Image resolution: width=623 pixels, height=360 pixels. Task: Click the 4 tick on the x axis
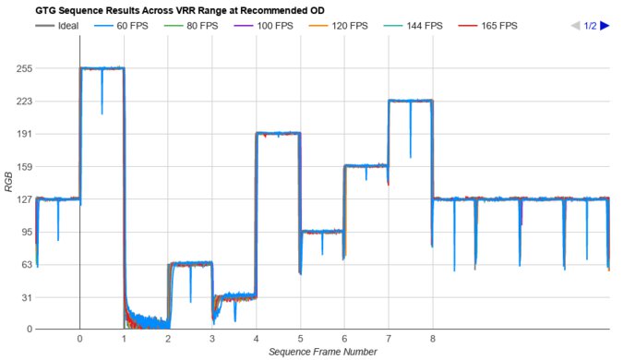256,339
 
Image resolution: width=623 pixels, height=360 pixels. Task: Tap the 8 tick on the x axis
432,339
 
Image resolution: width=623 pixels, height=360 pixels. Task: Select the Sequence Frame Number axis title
322,352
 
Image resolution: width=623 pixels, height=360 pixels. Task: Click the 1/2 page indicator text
591,26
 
